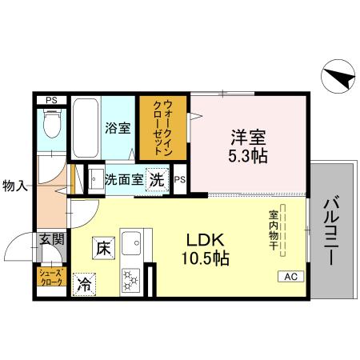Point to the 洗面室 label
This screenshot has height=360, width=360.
(124, 179)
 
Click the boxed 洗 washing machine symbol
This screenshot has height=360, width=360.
(158, 179)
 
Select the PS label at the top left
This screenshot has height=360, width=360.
(51, 100)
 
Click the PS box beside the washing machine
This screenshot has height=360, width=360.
(181, 179)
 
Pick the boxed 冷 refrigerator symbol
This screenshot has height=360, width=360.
(84, 282)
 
